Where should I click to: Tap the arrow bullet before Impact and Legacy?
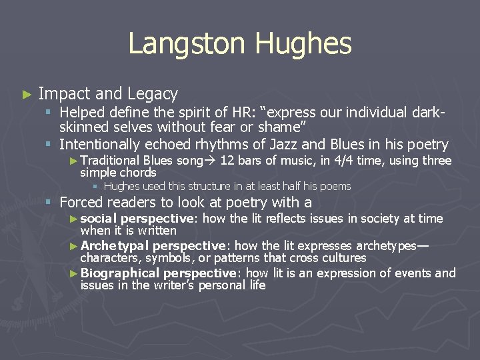[x=27, y=95]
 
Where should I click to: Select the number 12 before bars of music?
[x=226, y=161]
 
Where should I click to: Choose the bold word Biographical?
[x=120, y=273]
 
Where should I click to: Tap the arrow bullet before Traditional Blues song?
[x=73, y=161]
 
